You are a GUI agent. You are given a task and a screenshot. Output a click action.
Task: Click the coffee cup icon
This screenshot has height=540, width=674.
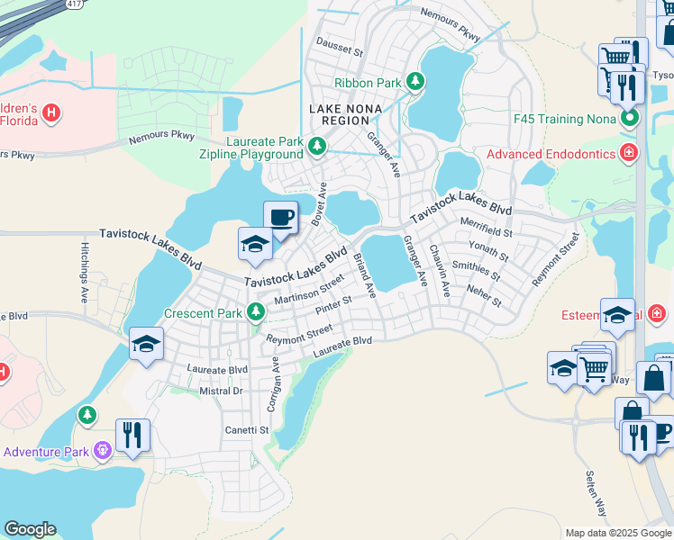coord(280,217)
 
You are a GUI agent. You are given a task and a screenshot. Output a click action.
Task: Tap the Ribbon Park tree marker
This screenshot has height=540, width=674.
coord(415,82)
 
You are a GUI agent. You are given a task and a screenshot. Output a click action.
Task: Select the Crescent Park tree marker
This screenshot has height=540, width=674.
coord(257,313)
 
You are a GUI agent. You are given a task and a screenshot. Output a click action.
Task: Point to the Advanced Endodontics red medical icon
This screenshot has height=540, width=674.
coord(629,154)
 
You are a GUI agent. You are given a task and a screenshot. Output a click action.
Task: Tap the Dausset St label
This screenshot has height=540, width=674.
coord(338,46)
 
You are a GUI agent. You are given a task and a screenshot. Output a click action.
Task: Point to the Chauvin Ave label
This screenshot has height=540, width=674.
coord(440,269)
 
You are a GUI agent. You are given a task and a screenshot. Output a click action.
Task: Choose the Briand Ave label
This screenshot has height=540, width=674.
coord(364,276)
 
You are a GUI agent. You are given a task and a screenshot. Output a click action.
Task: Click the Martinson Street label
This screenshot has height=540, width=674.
coord(309,289)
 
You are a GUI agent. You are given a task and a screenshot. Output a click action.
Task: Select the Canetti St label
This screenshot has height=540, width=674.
coord(247,430)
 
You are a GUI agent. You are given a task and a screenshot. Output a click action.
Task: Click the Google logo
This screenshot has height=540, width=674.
coord(30,529)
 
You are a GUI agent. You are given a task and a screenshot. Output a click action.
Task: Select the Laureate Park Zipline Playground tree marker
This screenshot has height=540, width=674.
coord(316,146)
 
